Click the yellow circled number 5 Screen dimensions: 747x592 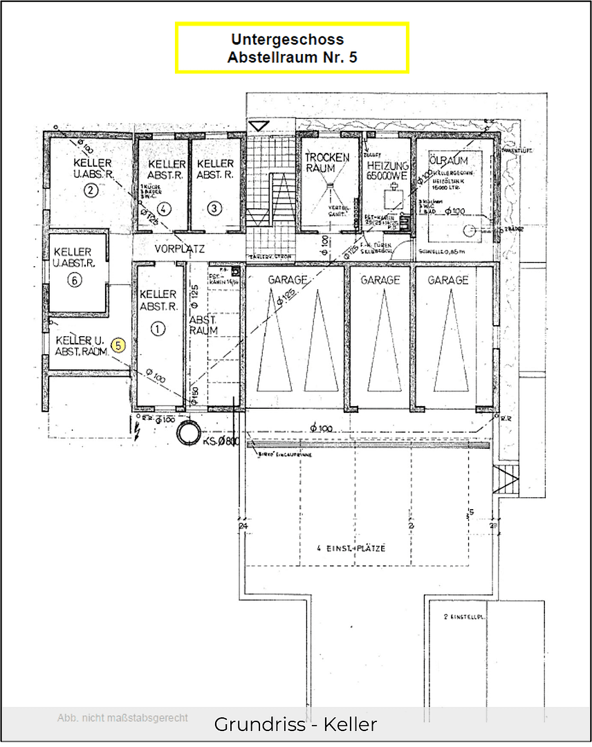118,345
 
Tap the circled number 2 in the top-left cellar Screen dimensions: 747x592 90,192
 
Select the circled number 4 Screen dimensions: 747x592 164,207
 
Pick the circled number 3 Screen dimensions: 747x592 214,207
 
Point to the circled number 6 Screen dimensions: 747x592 75,280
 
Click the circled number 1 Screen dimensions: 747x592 158,329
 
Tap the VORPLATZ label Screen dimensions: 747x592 179,248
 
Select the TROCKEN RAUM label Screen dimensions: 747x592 326,163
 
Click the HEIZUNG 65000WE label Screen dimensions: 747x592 387,172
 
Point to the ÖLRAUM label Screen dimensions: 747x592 448,160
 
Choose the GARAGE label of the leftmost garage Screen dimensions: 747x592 288,280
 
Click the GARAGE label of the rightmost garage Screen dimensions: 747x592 447,280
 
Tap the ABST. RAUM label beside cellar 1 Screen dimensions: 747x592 203,325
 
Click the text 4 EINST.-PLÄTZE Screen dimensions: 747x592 351,548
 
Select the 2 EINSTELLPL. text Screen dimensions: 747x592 457,616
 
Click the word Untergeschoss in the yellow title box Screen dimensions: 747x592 287,39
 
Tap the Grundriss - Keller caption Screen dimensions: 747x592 295,724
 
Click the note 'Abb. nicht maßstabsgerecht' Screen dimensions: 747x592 122,718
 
